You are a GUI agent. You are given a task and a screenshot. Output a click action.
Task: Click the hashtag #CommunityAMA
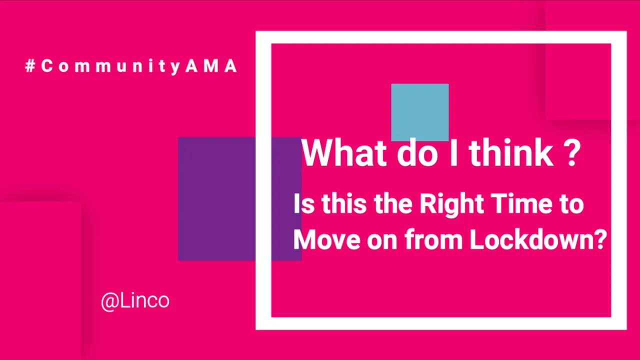click(131, 66)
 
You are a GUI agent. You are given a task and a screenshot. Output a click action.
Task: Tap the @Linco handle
click(135, 301)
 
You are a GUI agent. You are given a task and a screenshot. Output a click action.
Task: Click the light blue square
click(419, 112)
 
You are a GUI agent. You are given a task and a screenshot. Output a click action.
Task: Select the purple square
click(239, 198)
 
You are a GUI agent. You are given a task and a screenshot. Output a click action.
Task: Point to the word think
click(511, 152)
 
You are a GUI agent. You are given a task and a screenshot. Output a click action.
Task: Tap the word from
click(433, 239)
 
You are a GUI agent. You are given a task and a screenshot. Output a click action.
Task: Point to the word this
click(343, 203)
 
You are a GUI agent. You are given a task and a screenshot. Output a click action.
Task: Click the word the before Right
click(393, 203)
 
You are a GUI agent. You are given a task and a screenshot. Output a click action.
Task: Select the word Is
click(304, 203)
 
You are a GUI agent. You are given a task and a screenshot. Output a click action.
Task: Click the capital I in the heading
click(453, 152)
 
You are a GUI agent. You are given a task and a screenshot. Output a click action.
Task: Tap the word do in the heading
click(417, 152)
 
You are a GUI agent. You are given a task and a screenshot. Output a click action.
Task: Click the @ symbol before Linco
click(110, 302)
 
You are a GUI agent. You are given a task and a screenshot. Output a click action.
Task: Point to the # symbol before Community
click(30, 66)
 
